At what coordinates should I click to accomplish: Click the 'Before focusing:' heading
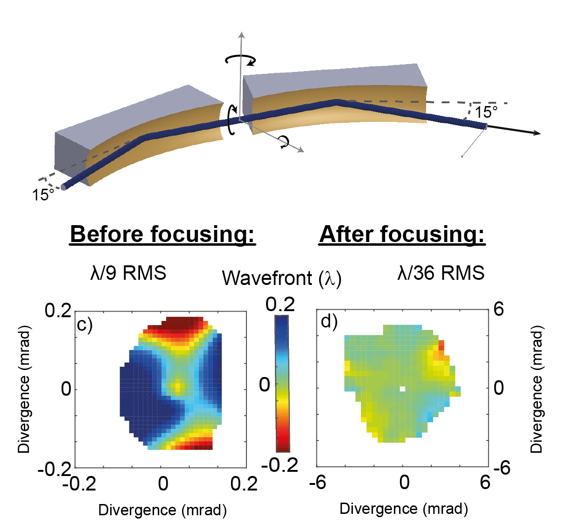(162, 234)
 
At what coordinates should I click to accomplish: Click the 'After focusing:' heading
(402, 234)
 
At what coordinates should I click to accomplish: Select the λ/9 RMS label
(128, 273)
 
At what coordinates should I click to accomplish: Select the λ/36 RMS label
(441, 273)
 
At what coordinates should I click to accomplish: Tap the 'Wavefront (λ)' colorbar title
(281, 278)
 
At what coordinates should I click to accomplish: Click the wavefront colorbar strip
(282, 383)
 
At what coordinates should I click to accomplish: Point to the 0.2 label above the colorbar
(280, 305)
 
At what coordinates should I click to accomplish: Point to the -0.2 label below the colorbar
(280, 465)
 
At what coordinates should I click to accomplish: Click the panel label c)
(85, 323)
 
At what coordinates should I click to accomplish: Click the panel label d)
(329, 321)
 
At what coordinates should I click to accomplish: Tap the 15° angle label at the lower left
(43, 195)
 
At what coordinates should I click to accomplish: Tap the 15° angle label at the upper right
(486, 113)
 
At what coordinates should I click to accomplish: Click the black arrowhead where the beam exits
(536, 133)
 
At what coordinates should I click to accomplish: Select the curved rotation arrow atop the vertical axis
(240, 59)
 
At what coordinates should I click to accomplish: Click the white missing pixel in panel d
(403, 389)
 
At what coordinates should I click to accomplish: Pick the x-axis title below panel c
(162, 510)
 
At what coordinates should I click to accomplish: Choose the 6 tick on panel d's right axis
(498, 309)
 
